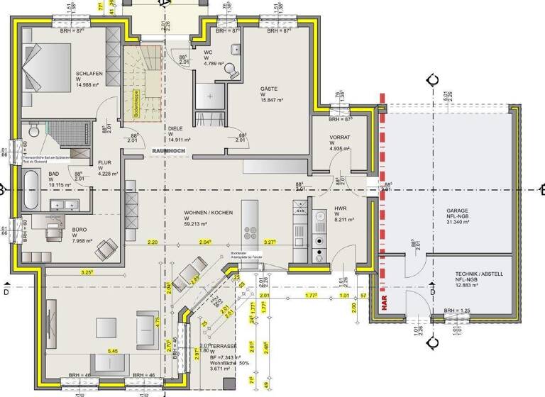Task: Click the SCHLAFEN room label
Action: [89, 73]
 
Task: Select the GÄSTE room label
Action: [270, 89]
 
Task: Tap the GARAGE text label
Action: [458, 211]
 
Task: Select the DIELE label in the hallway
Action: [175, 129]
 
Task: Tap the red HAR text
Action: [383, 303]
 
